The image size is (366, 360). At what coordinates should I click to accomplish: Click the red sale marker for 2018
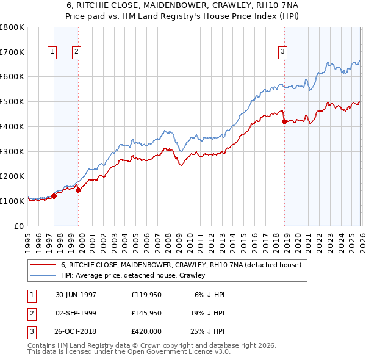pyautogui.click(x=284, y=122)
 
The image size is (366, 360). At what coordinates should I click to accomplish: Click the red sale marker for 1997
pyautogui.click(x=54, y=196)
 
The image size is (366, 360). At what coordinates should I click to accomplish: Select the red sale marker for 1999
pyautogui.click(x=77, y=190)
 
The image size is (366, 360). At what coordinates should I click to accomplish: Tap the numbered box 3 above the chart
pyautogui.click(x=283, y=52)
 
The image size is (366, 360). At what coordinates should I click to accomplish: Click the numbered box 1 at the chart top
pyautogui.click(x=52, y=52)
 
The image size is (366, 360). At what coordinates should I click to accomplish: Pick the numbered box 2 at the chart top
pyautogui.click(x=76, y=52)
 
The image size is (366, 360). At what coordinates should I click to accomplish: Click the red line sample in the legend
pyautogui.click(x=43, y=265)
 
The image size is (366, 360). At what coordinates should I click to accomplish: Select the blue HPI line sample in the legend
pyautogui.click(x=43, y=276)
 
